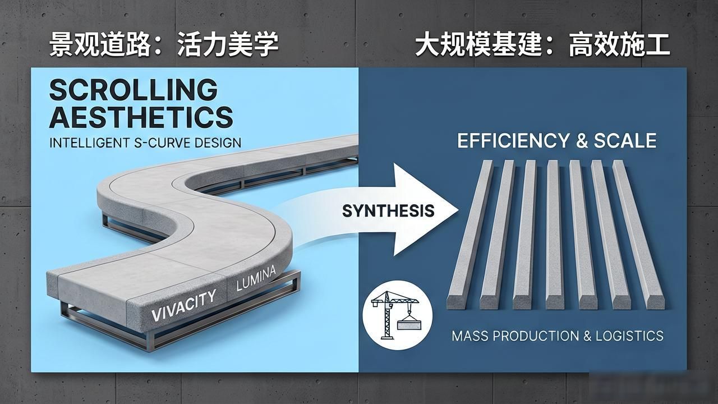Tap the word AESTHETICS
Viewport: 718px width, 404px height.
point(141,117)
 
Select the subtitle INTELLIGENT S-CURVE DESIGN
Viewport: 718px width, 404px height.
point(145,143)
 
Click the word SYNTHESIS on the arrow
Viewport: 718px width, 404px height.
point(388,210)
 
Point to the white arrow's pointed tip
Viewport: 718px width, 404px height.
point(458,210)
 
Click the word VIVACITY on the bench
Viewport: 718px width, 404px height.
point(183,305)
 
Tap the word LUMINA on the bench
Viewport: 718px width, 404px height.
point(256,278)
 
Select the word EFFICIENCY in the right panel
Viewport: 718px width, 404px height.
point(513,141)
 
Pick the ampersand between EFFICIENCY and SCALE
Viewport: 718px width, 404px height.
point(582,141)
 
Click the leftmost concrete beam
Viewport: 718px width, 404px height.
point(470,235)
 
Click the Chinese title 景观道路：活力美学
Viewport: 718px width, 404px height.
point(164,45)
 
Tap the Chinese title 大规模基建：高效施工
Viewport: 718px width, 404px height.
point(542,45)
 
